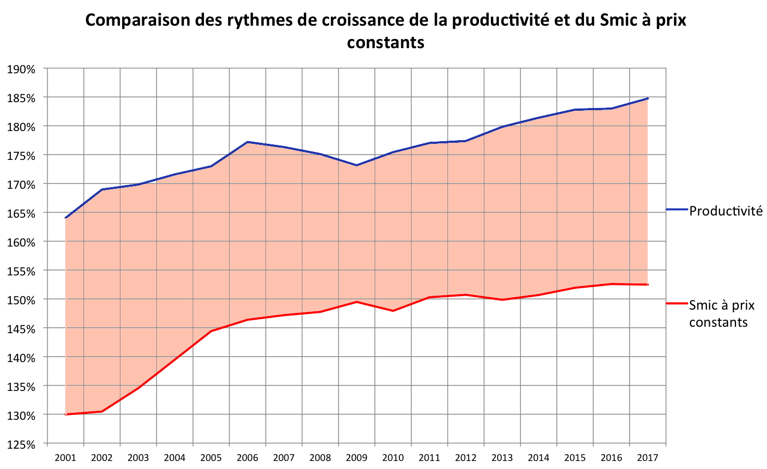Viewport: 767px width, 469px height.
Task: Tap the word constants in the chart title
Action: coord(385,42)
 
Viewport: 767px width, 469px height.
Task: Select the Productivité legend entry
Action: coord(725,211)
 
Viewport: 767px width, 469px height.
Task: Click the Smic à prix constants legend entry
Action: coord(722,313)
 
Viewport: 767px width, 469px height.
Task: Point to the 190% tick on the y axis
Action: coord(21,69)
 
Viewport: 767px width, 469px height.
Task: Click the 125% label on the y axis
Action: coord(21,444)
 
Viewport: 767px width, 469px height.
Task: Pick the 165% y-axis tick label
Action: coord(21,213)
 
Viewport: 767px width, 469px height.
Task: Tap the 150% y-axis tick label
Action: coord(21,299)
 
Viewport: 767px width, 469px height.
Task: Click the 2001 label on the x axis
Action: coord(65,458)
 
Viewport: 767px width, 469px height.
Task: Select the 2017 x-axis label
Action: coord(648,458)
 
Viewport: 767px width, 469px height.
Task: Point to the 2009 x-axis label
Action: coord(356,458)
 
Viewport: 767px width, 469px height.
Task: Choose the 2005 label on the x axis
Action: coord(211,458)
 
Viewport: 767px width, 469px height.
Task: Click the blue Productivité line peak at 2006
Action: coord(248,142)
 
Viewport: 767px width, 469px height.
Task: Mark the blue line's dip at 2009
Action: coord(356,165)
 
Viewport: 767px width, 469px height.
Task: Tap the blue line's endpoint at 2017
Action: coord(648,98)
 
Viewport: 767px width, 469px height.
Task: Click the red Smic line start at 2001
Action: coord(65,414)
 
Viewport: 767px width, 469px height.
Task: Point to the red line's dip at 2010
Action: coord(393,311)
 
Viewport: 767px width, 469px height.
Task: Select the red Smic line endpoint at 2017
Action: coord(648,285)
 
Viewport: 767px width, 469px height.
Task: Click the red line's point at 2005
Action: coord(211,332)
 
